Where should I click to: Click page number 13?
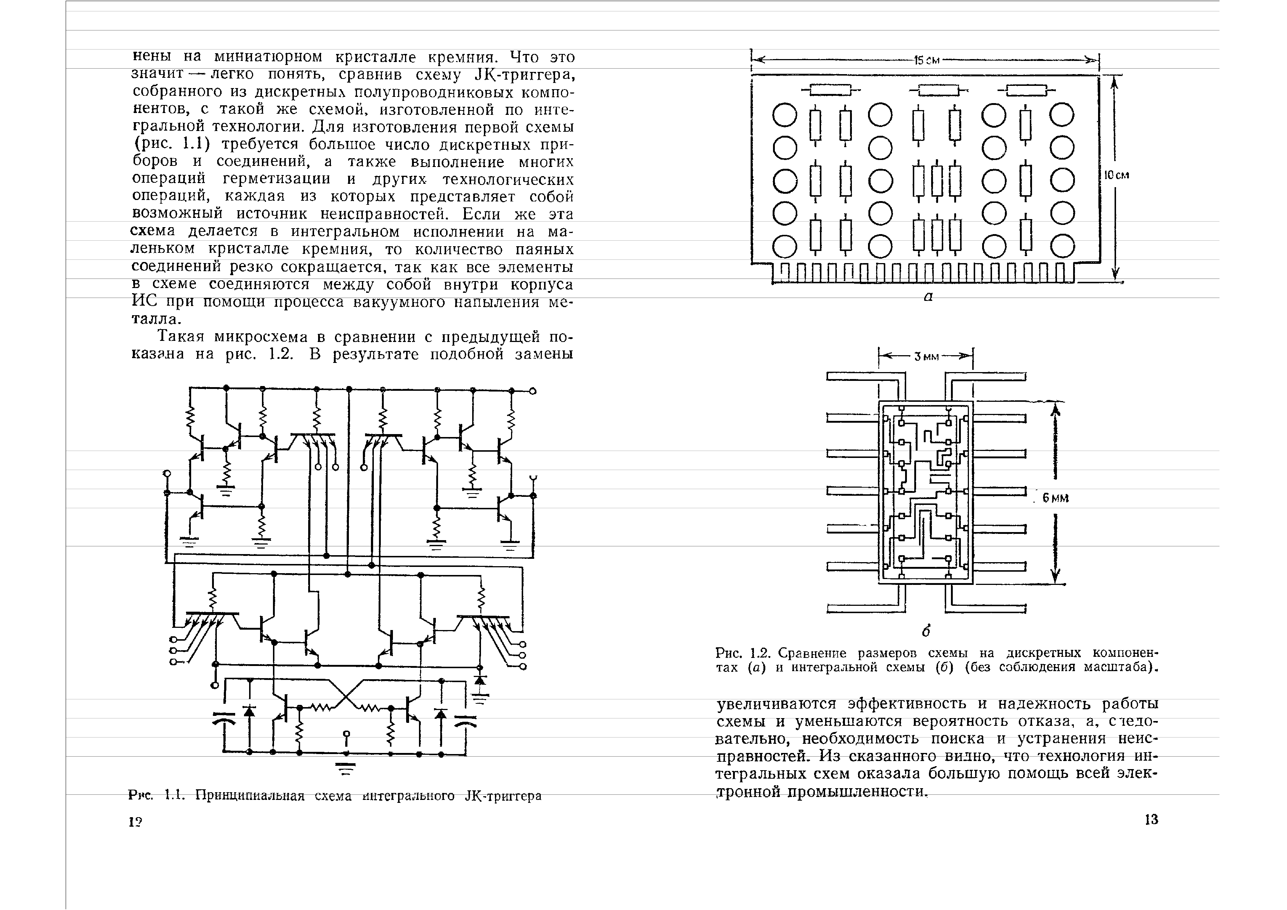point(1151,820)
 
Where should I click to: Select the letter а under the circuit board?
point(928,297)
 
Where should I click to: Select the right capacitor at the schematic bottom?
point(465,721)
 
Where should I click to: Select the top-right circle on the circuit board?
point(1062,116)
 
